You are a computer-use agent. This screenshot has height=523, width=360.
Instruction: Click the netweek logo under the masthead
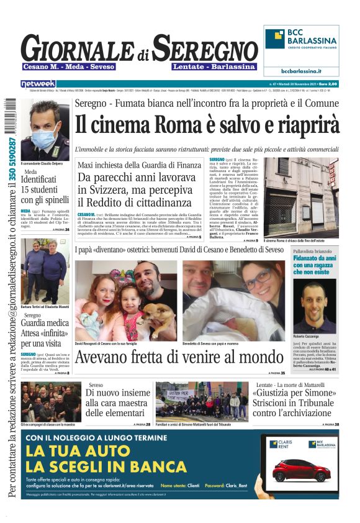[38, 83]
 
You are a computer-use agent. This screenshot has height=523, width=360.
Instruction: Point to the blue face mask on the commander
[46, 134]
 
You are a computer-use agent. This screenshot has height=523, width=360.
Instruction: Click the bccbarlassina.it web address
[301, 71]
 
